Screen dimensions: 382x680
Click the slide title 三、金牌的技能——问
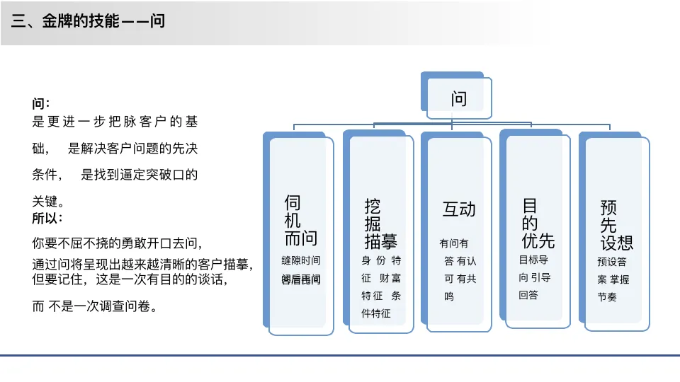point(89,21)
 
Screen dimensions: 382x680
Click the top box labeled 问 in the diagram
point(459,99)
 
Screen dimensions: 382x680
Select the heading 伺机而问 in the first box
point(300,220)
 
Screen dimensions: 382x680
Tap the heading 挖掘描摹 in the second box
point(380,224)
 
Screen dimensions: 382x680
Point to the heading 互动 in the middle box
point(459,209)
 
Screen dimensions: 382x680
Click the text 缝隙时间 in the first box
point(301,260)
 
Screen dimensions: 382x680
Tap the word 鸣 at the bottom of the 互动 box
point(449,297)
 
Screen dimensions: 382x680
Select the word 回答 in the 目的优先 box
point(528,295)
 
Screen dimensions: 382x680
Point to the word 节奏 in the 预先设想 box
point(607,297)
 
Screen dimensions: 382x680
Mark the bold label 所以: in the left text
point(47,218)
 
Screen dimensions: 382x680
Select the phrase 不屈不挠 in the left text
point(96,243)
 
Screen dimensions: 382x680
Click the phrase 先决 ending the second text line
point(186,149)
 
